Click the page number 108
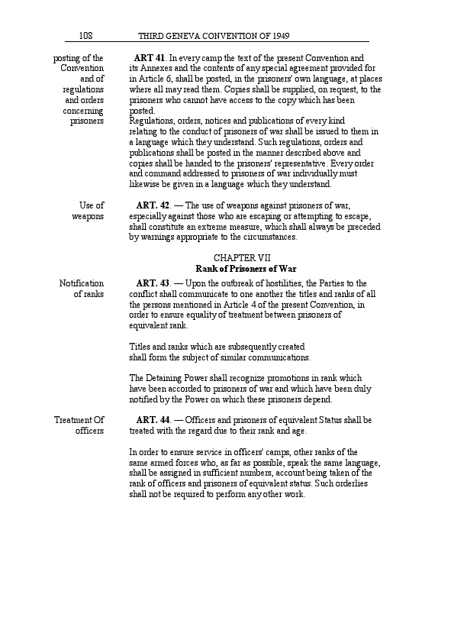pos(85,36)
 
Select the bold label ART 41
pos(150,58)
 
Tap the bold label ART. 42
pos(153,205)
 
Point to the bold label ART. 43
pos(153,284)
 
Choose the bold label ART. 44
pos(153,420)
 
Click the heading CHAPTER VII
pos(242,258)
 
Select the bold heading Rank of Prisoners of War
pos(246,269)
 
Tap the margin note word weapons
pos(88,216)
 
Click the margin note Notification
pos(82,284)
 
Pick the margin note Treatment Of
pos(79,420)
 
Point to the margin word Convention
pos(82,69)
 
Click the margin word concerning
pos(83,111)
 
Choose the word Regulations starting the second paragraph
pos(153,121)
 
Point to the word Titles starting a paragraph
pos(140,347)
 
